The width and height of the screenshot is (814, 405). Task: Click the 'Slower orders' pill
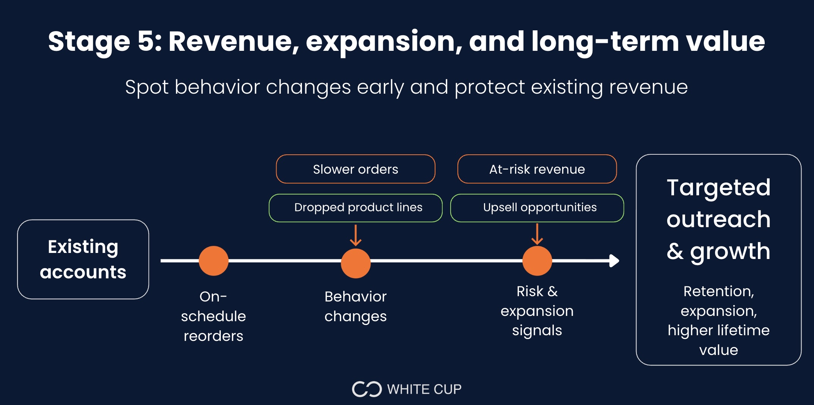(x=355, y=169)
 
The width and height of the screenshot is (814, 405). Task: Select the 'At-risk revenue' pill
(x=537, y=169)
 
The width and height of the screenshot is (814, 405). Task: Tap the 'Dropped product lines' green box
(x=355, y=208)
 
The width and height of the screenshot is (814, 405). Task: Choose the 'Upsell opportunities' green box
(x=537, y=208)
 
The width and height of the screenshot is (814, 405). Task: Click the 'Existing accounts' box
(x=83, y=259)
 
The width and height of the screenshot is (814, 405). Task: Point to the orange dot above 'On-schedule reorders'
(x=214, y=261)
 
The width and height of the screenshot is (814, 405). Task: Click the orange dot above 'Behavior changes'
(x=355, y=263)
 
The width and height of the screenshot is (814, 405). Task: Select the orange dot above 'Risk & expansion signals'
(x=537, y=261)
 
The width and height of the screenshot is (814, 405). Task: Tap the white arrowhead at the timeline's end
(x=614, y=261)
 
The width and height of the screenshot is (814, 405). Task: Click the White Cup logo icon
(x=366, y=389)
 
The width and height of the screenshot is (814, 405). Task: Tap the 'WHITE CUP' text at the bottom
(x=424, y=389)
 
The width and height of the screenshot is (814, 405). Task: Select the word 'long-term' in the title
(x=605, y=41)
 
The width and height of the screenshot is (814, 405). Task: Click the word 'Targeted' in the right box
(x=718, y=187)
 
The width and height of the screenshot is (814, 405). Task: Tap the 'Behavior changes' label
(x=355, y=306)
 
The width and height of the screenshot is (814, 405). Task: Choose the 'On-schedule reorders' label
(x=214, y=316)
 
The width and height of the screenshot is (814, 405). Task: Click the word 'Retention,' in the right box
(x=718, y=291)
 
